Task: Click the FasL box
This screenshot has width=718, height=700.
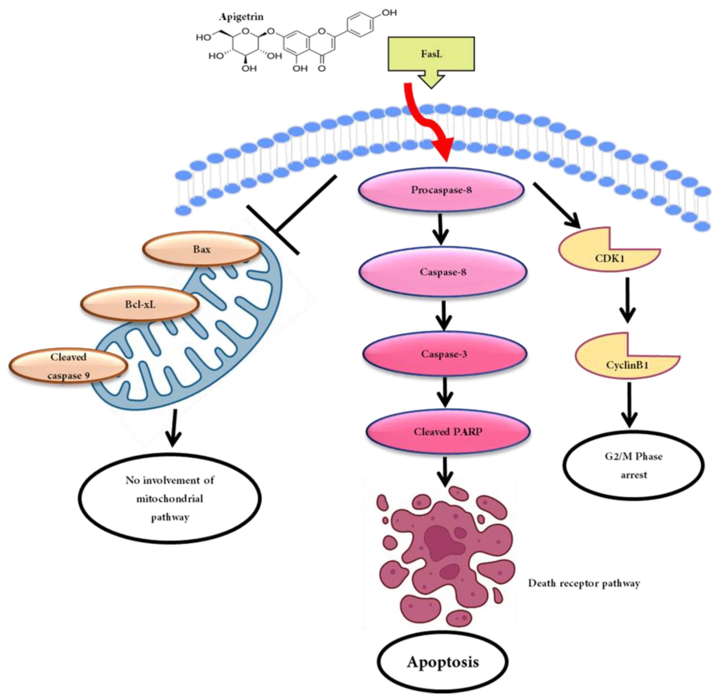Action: pyautogui.click(x=431, y=54)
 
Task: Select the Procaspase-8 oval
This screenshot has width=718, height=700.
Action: pyautogui.click(x=441, y=190)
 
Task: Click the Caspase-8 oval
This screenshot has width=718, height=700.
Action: pyautogui.click(x=443, y=272)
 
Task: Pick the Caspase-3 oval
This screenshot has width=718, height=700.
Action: pyautogui.click(x=444, y=354)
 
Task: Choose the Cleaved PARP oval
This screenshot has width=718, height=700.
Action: pyautogui.click(x=448, y=432)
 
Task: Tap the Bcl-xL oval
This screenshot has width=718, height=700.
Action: pyautogui.click(x=140, y=304)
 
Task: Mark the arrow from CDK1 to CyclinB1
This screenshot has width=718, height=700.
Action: pyautogui.click(x=628, y=300)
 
